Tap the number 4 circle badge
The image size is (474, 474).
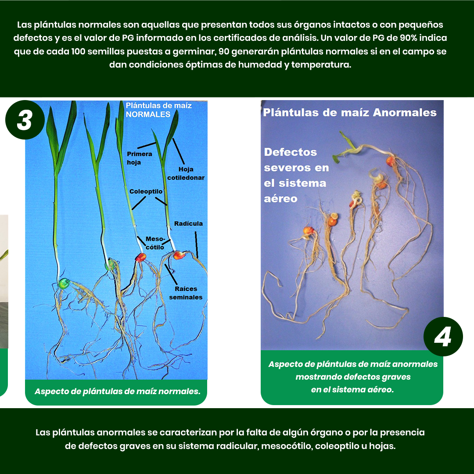click(443, 337)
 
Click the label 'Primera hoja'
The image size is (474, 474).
click(139, 158)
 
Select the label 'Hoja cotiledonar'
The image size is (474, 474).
click(186, 173)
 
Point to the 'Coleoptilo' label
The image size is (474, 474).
click(146, 191)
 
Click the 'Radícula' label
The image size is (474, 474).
click(188, 223)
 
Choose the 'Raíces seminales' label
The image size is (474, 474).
click(186, 293)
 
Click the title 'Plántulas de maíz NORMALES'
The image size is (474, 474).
click(158, 110)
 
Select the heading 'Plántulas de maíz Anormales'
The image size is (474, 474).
click(350, 113)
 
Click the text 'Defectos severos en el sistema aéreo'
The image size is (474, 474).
click(296, 175)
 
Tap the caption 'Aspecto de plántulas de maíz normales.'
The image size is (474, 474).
click(117, 391)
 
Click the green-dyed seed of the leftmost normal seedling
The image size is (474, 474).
click(64, 284)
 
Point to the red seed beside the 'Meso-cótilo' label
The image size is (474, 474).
click(140, 257)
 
